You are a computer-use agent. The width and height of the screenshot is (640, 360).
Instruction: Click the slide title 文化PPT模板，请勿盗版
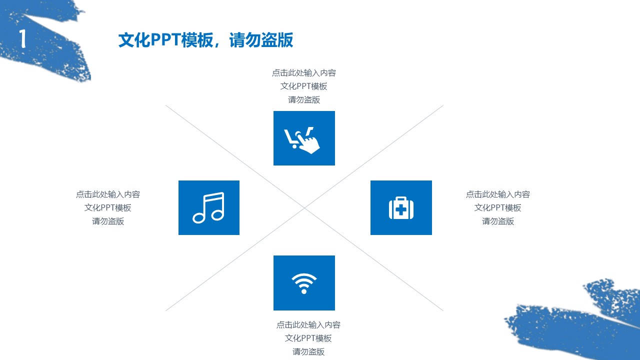click(x=205, y=40)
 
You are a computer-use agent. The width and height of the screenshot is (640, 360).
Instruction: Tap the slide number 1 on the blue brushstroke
click(x=22, y=39)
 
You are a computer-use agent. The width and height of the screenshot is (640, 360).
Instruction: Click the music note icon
click(x=209, y=207)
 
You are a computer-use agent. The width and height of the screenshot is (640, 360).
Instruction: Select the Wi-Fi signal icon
click(x=304, y=283)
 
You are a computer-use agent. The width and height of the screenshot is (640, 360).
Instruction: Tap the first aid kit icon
click(x=401, y=208)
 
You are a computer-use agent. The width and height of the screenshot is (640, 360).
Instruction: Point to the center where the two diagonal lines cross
click(x=304, y=208)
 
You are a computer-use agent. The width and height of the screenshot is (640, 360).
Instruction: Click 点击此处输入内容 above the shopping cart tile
click(x=304, y=73)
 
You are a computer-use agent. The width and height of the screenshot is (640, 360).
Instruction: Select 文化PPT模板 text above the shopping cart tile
click(x=304, y=86)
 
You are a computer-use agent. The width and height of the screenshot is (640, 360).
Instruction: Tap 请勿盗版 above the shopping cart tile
click(x=304, y=99)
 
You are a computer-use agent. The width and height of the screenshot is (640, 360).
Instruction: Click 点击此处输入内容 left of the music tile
click(x=108, y=194)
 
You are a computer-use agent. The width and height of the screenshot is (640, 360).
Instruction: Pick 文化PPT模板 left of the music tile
click(x=108, y=207)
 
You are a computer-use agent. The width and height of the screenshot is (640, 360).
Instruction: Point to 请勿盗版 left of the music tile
click(x=108, y=221)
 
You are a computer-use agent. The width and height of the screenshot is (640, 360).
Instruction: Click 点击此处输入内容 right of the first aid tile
click(x=498, y=194)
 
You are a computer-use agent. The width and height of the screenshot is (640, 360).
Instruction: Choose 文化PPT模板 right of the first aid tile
click(x=498, y=207)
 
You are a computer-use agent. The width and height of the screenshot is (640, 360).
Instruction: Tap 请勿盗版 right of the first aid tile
click(x=498, y=221)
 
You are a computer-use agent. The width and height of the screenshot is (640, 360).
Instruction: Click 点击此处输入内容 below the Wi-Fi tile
click(x=308, y=325)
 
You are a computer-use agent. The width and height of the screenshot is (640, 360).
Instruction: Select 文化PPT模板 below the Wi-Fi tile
click(x=308, y=338)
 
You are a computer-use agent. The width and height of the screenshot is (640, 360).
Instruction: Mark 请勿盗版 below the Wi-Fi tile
click(x=308, y=351)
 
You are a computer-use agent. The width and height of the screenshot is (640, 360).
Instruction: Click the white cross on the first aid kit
click(x=401, y=209)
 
